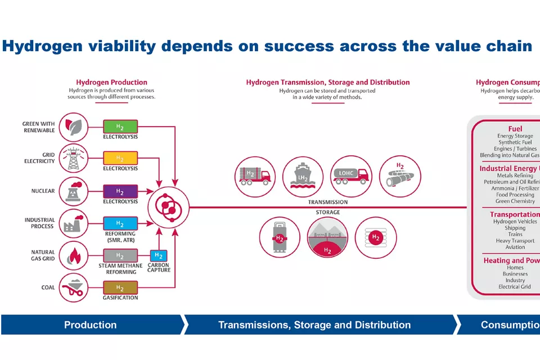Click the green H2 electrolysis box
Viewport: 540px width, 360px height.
click(x=120, y=126)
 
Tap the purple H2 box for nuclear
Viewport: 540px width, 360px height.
click(x=120, y=191)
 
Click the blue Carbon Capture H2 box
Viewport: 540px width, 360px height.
click(x=159, y=256)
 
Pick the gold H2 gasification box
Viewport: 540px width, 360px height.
click(x=120, y=287)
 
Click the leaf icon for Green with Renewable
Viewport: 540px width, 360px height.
click(x=73, y=127)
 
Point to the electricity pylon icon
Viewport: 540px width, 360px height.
click(x=73, y=159)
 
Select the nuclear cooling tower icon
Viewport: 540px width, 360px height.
click(x=73, y=191)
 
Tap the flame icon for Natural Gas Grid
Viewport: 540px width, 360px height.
click(x=73, y=256)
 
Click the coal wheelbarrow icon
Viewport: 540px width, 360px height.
click(x=73, y=287)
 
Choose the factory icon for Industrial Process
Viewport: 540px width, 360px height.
click(x=73, y=224)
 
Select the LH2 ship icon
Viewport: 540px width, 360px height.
click(x=303, y=177)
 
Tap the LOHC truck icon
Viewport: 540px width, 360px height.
click(x=352, y=177)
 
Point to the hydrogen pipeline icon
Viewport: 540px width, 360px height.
click(x=399, y=177)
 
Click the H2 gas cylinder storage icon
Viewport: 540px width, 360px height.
click(x=279, y=237)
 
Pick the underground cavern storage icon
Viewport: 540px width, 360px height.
click(x=327, y=237)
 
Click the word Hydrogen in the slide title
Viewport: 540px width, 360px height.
click(x=36, y=46)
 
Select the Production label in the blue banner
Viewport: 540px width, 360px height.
click(x=90, y=325)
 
